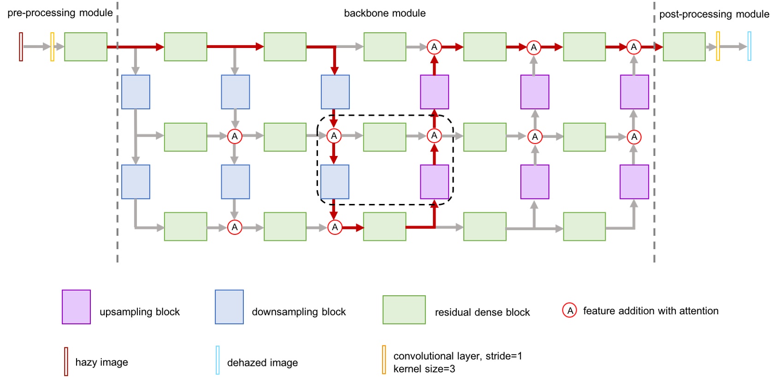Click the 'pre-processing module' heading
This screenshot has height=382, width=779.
pyautogui.click(x=60, y=13)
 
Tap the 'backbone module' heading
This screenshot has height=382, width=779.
pyautogui.click(x=384, y=13)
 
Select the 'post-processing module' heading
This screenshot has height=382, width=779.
pyautogui.click(x=714, y=14)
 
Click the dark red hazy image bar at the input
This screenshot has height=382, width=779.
pyautogui.click(x=21, y=47)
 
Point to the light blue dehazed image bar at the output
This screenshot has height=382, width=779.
pyautogui.click(x=749, y=46)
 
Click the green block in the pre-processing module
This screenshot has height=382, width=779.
pyautogui.click(x=86, y=47)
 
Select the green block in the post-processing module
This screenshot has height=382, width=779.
pyautogui.click(x=684, y=47)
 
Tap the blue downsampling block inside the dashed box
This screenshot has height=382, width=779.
pyautogui.click(x=335, y=182)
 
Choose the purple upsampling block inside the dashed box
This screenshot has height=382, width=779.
pyautogui.click(x=434, y=182)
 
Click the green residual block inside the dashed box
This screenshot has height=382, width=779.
pyautogui.click(x=384, y=137)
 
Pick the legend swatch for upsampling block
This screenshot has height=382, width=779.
pyautogui.click(x=76, y=307)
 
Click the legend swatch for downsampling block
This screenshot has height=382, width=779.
pyautogui.click(x=229, y=307)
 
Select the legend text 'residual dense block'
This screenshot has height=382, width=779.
pyautogui.click(x=482, y=312)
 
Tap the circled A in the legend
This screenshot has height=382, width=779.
pyautogui.click(x=570, y=310)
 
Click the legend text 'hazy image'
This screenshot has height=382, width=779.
pyautogui.click(x=101, y=362)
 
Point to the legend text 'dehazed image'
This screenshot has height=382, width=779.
pyautogui.click(x=262, y=363)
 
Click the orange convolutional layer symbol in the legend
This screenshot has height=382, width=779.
pyautogui.click(x=384, y=359)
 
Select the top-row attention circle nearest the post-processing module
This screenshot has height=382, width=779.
pyautogui.click(x=634, y=47)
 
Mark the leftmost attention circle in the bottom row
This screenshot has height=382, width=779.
pyautogui.click(x=235, y=227)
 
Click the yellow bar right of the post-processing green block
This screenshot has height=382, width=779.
pyautogui.click(x=718, y=46)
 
